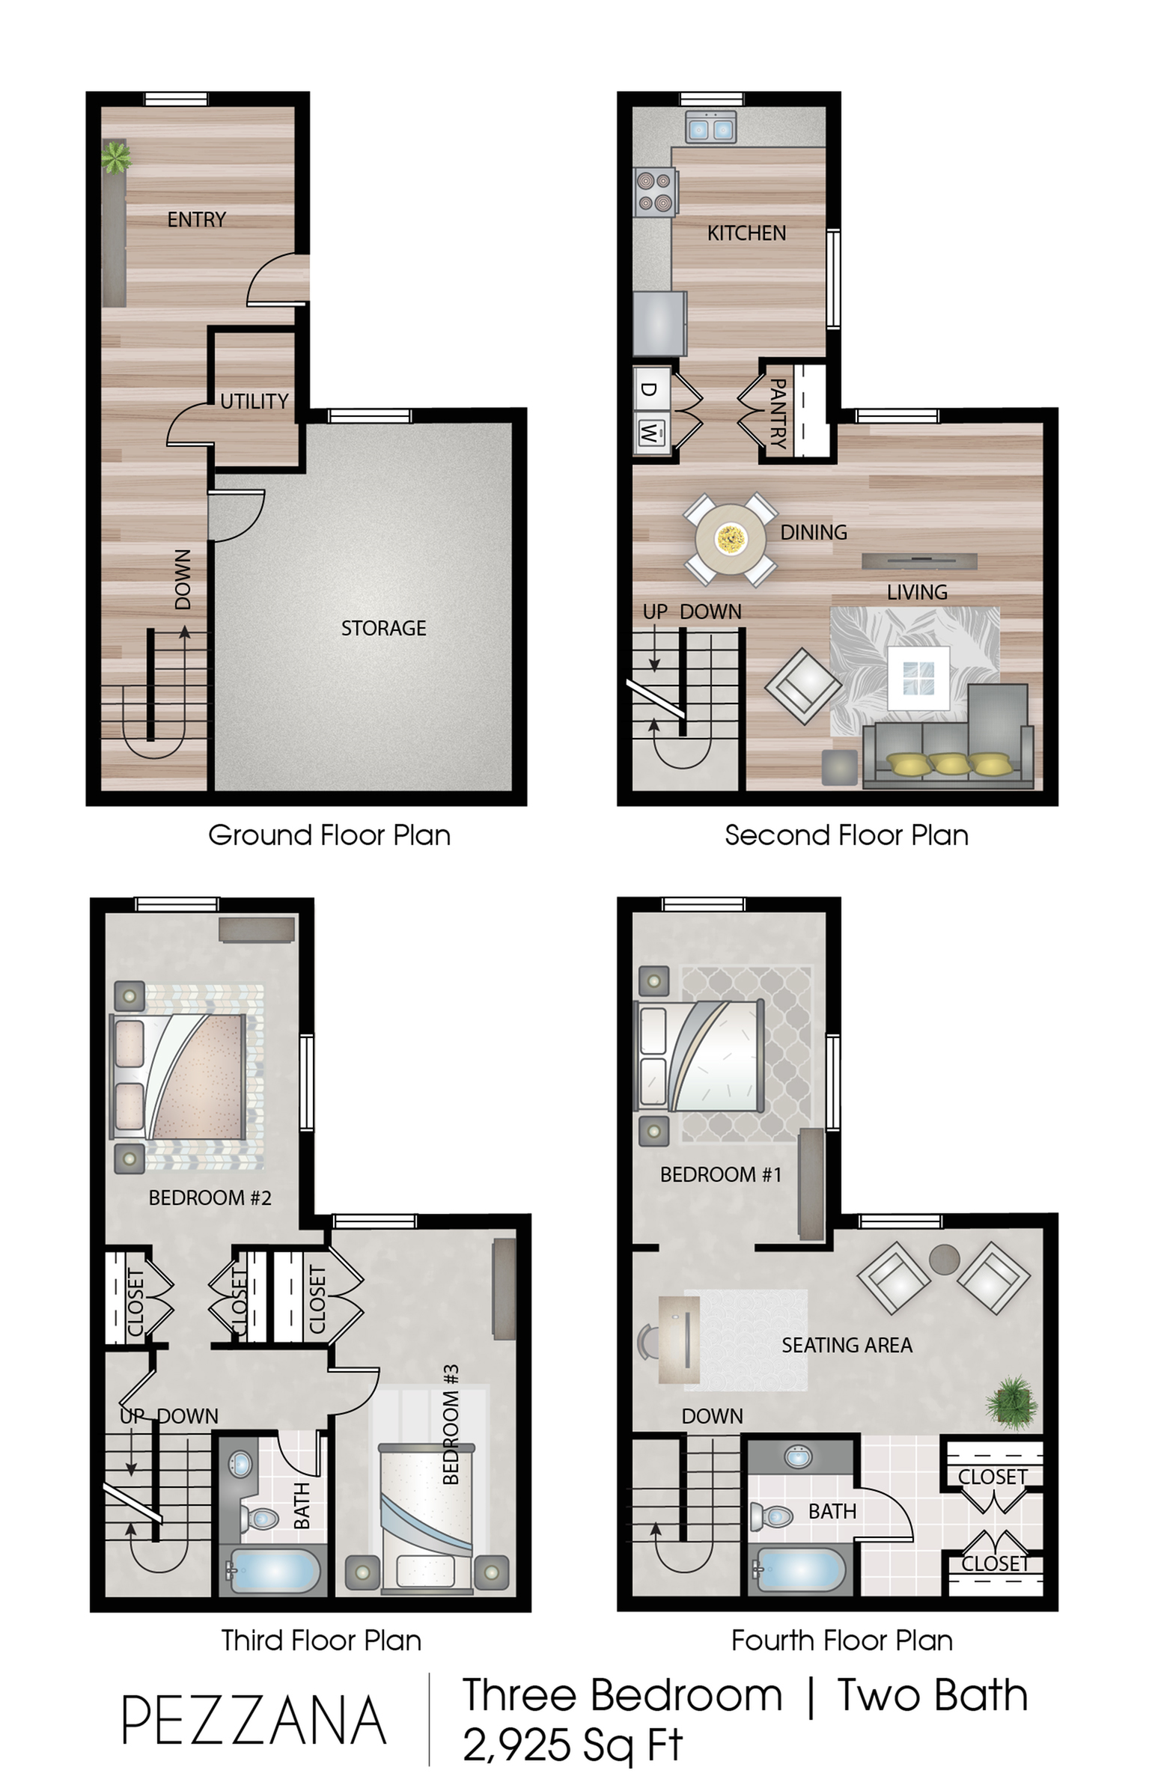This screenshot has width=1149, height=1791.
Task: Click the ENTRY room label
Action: coord(196,219)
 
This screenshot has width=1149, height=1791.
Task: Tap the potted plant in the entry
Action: coord(116,157)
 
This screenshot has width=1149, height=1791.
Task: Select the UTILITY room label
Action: coord(255,401)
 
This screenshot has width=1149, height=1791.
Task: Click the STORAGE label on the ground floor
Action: coord(383,628)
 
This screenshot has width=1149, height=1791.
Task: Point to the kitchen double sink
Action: coord(711,128)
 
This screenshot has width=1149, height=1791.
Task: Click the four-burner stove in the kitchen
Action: coord(654,192)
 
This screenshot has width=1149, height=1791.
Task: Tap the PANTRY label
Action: coord(778,413)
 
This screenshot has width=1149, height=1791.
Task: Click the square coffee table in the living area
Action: coord(918,678)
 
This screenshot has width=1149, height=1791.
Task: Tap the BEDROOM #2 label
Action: coord(210,1197)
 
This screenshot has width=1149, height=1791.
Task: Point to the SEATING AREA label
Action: coord(847,1345)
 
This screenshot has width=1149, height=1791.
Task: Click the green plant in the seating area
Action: coord(1012,1403)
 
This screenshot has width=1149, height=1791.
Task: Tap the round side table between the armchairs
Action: coord(944,1259)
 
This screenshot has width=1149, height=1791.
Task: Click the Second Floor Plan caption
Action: coord(847,835)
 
